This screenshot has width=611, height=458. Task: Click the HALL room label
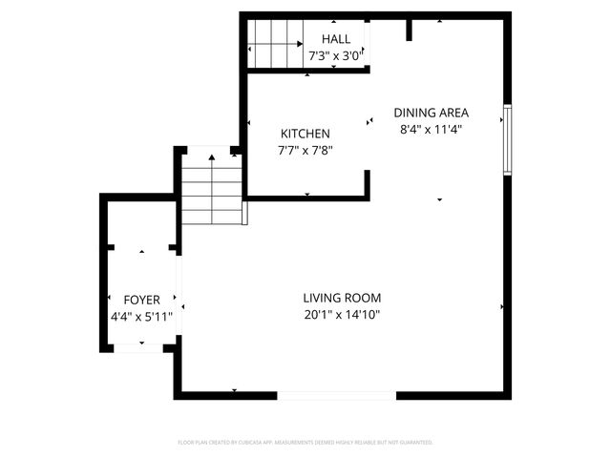(335, 39)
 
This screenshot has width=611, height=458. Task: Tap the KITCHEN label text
(305, 134)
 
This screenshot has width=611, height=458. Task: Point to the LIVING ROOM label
(342, 298)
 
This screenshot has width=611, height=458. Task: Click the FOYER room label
(141, 300)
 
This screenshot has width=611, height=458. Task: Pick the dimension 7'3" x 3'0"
(335, 56)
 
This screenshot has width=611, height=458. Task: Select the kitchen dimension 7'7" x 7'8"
(305, 150)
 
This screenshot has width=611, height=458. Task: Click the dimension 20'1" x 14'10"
(342, 315)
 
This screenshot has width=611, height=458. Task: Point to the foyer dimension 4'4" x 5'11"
(141, 316)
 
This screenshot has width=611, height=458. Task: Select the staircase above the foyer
(209, 190)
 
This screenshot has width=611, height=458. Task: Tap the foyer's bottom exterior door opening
(137, 348)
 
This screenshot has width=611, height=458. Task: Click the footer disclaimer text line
(305, 443)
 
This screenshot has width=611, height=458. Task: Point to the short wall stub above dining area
(410, 29)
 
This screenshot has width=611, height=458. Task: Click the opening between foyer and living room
(178, 296)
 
